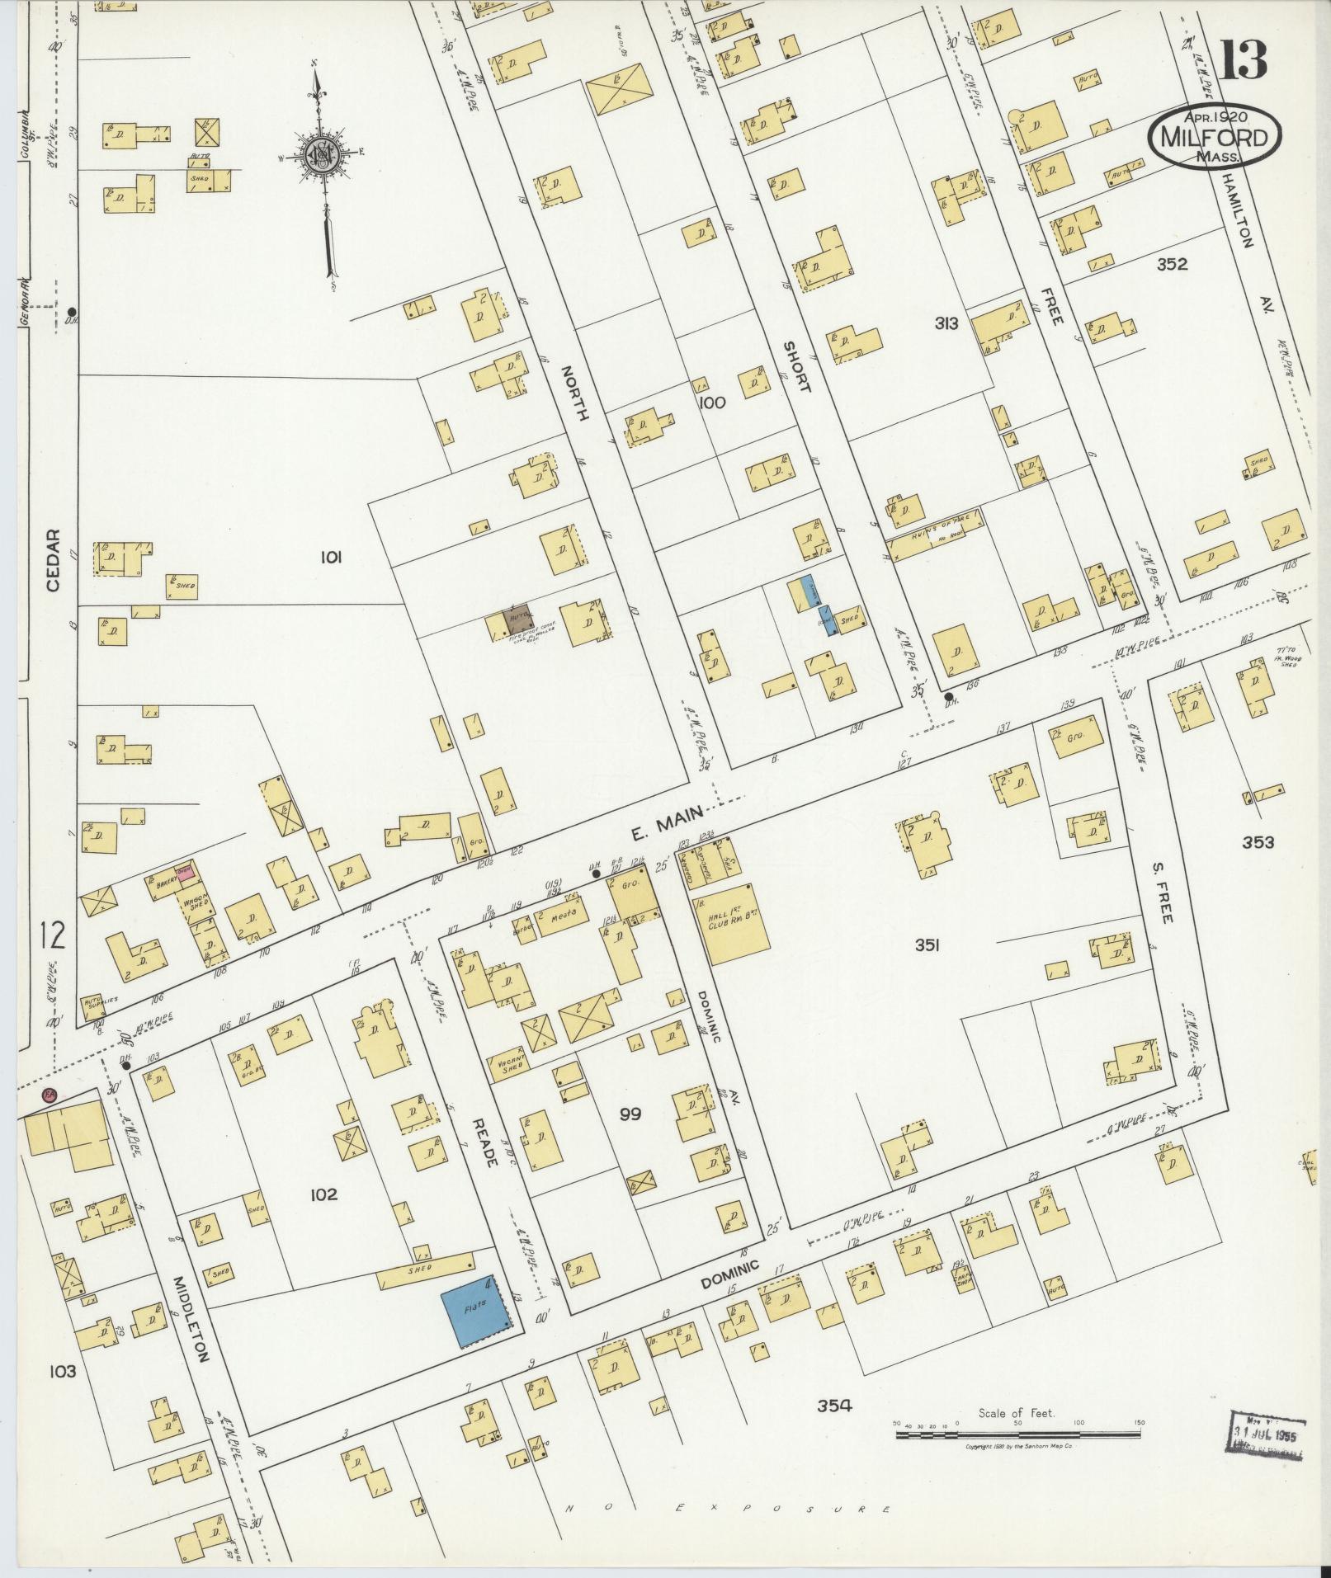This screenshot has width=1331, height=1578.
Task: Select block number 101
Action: pyautogui.click(x=331, y=558)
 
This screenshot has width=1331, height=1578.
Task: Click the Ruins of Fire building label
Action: pyautogui.click(x=935, y=534)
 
